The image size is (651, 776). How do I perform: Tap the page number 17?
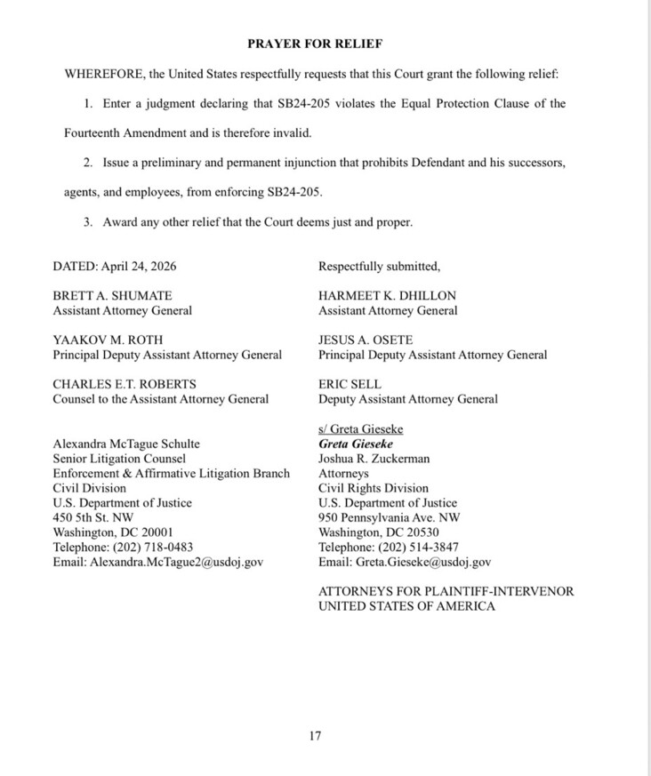click(x=315, y=735)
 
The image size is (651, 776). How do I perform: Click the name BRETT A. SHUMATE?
click(x=113, y=295)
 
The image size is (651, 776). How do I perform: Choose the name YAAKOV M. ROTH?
click(x=107, y=340)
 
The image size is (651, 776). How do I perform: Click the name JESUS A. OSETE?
click(x=366, y=340)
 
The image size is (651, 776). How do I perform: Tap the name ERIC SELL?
click(x=350, y=384)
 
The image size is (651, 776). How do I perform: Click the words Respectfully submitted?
click(x=379, y=265)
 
